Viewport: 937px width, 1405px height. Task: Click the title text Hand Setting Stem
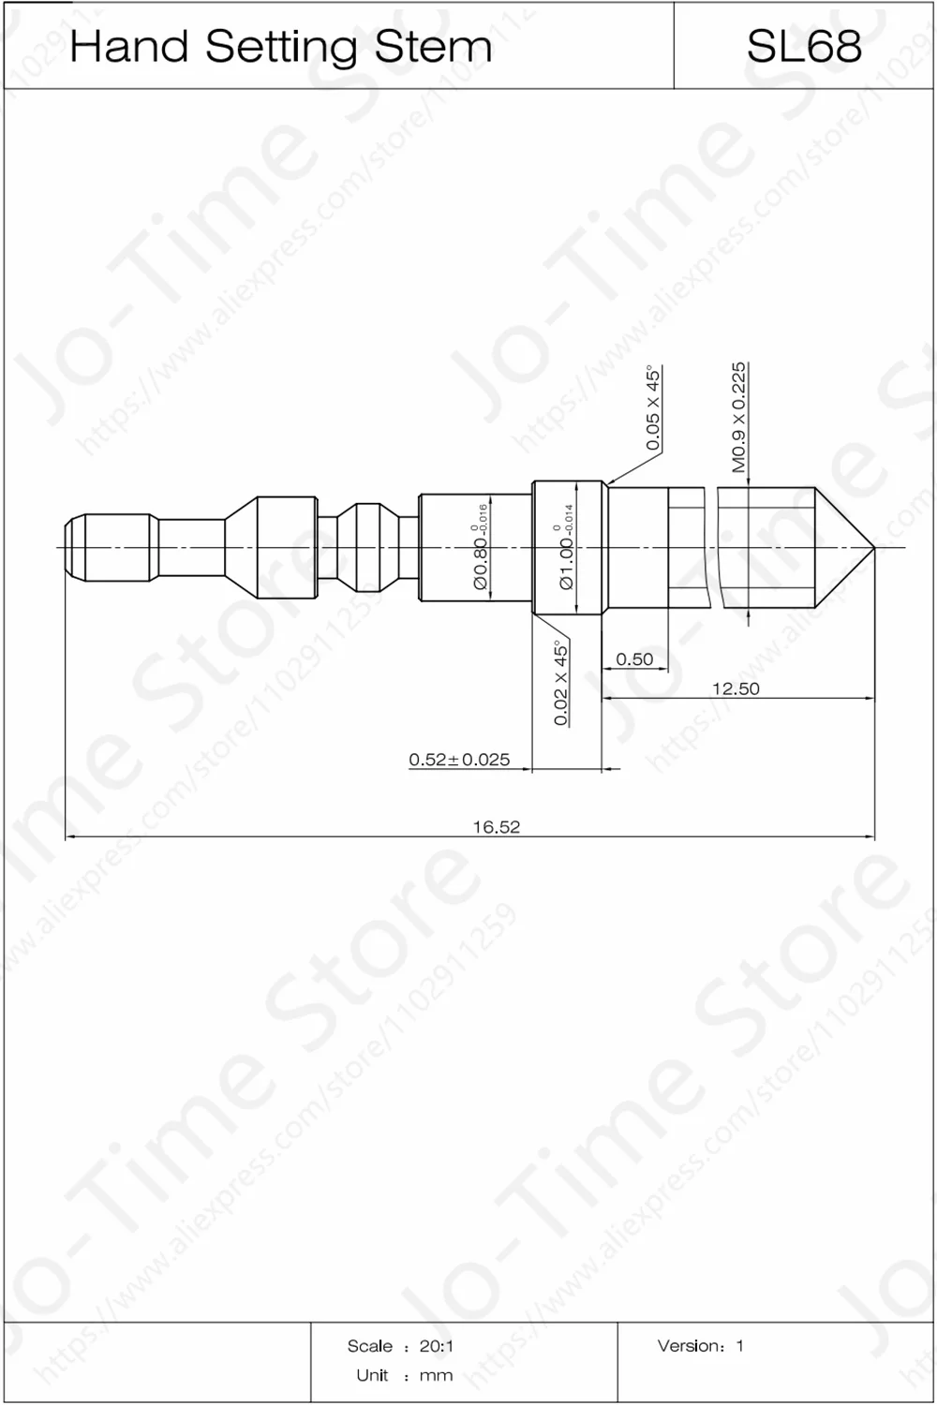coord(280,47)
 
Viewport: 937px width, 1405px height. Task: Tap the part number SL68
coord(803,47)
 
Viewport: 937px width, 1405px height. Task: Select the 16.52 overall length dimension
coord(496,826)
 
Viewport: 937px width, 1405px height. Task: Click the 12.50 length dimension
coord(736,688)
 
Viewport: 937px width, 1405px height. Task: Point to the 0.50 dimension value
coord(634,659)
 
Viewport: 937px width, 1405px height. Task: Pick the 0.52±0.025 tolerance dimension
coord(459,760)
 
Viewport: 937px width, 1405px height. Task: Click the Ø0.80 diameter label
coord(481,553)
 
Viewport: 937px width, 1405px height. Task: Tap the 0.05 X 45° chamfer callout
coord(653,408)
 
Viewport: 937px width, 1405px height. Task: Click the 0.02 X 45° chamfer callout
coord(560,683)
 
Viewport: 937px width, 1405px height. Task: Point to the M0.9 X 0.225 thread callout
coord(738,417)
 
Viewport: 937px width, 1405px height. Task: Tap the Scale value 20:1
coord(437,1346)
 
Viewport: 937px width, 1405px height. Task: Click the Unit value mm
coord(437,1375)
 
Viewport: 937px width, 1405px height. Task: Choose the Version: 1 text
coord(700,1346)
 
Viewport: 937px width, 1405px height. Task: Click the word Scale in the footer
coord(370,1346)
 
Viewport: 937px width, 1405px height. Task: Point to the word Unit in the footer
coord(372,1375)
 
